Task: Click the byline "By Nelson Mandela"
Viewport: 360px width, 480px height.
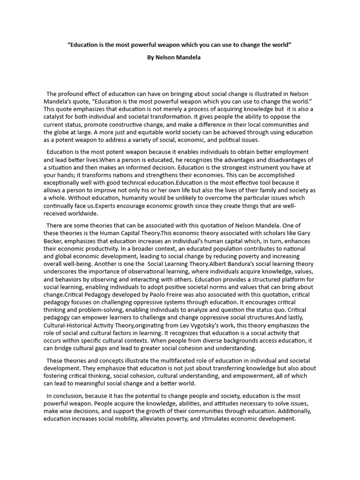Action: click(174, 57)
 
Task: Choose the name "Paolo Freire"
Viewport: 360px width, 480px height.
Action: click(159, 294)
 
